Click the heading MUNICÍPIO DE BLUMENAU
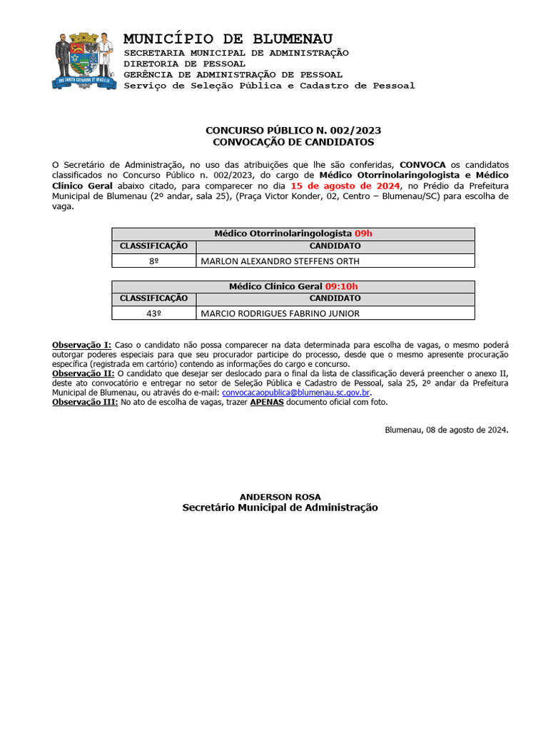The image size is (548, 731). (x=228, y=39)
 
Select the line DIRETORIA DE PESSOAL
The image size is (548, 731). (x=185, y=64)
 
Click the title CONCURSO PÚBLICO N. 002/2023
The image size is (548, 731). (x=293, y=131)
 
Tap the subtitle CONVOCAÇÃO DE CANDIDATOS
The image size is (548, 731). (x=293, y=142)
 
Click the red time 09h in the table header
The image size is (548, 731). (x=363, y=233)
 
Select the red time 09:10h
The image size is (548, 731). (x=341, y=286)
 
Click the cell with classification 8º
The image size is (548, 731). (x=153, y=261)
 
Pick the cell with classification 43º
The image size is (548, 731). (x=153, y=313)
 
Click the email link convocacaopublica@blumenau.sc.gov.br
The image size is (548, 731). (x=296, y=393)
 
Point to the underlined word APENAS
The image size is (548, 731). (x=266, y=402)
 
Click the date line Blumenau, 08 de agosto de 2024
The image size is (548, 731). (x=447, y=430)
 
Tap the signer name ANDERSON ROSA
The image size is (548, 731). (x=280, y=497)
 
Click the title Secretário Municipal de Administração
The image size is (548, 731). (x=280, y=508)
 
